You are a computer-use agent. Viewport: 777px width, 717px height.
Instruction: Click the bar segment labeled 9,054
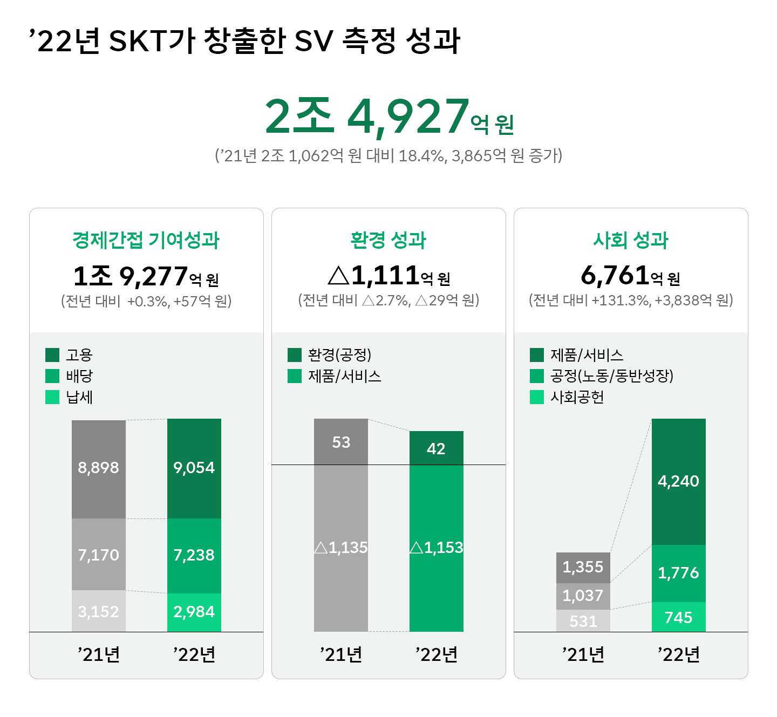194,468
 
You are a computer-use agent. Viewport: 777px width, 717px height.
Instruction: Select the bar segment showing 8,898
99,468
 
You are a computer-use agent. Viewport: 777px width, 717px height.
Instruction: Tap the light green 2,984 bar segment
194,612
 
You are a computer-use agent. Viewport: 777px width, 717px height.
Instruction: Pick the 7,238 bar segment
194,555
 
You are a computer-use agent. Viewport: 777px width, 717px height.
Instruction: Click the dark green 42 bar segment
436,448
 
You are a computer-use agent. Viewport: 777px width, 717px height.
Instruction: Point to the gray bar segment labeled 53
341,442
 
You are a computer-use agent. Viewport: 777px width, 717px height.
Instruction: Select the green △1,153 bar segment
436,548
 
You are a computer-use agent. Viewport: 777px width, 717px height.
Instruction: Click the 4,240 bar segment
678,481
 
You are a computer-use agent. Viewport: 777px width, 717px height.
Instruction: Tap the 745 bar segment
678,617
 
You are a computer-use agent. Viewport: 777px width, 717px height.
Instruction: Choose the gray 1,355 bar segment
583,567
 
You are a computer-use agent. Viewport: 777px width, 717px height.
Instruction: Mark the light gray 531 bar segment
583,621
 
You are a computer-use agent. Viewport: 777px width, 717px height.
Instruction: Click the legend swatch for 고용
52,355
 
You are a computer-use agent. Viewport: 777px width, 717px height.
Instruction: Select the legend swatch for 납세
52,397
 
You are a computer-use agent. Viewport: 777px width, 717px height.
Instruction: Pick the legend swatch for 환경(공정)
295,355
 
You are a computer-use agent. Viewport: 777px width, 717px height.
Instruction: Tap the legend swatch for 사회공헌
537,397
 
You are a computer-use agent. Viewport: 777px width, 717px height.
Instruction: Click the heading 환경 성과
388,240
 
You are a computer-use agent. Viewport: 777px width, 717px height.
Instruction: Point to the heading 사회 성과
631,240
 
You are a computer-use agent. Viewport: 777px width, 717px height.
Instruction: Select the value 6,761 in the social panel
615,276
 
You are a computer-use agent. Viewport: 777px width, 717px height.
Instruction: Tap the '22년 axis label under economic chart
194,654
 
